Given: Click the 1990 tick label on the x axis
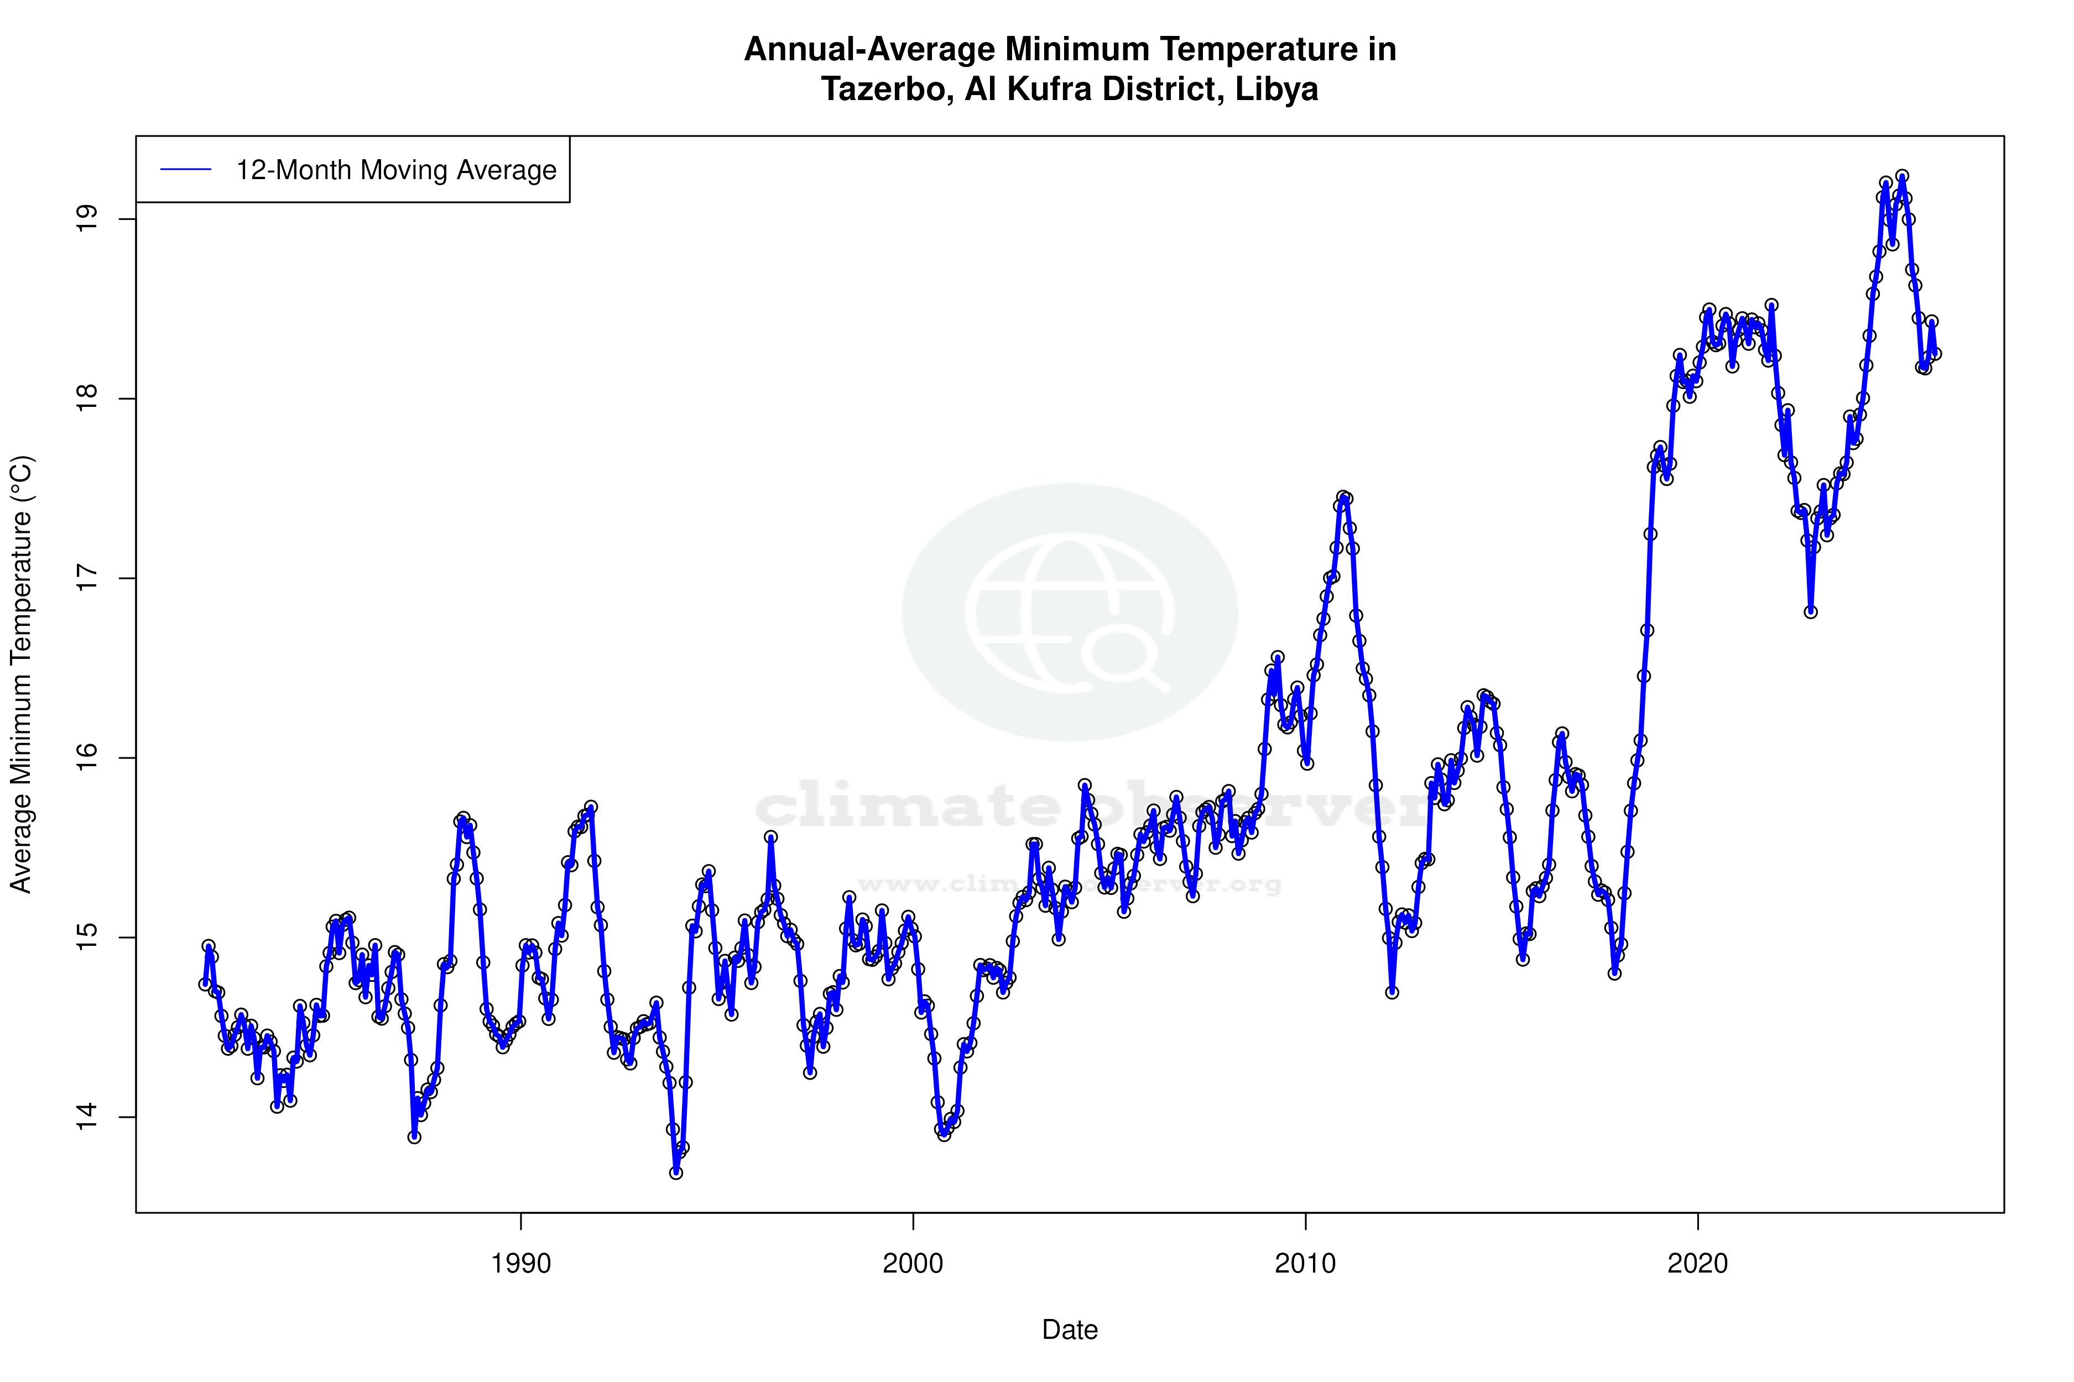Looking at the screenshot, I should coord(520,1264).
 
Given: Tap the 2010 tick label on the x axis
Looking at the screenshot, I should coord(1305,1264).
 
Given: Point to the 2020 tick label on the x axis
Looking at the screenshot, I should coord(1697,1264).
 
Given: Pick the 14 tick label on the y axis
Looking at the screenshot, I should coord(87,1117).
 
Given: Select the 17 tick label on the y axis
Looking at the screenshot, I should coord(87,578).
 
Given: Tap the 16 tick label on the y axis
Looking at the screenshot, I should coord(87,758).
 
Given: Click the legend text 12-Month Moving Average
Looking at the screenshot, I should coord(396,170).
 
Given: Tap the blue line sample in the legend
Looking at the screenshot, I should coord(186,170).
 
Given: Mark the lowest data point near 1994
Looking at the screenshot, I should coord(675,1172).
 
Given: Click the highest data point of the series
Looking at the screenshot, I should coord(1902,176).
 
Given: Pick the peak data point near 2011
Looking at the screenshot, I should coord(1342,497).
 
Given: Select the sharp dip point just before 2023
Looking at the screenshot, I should coord(1810,612).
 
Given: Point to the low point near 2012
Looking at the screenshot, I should coord(1392,992).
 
